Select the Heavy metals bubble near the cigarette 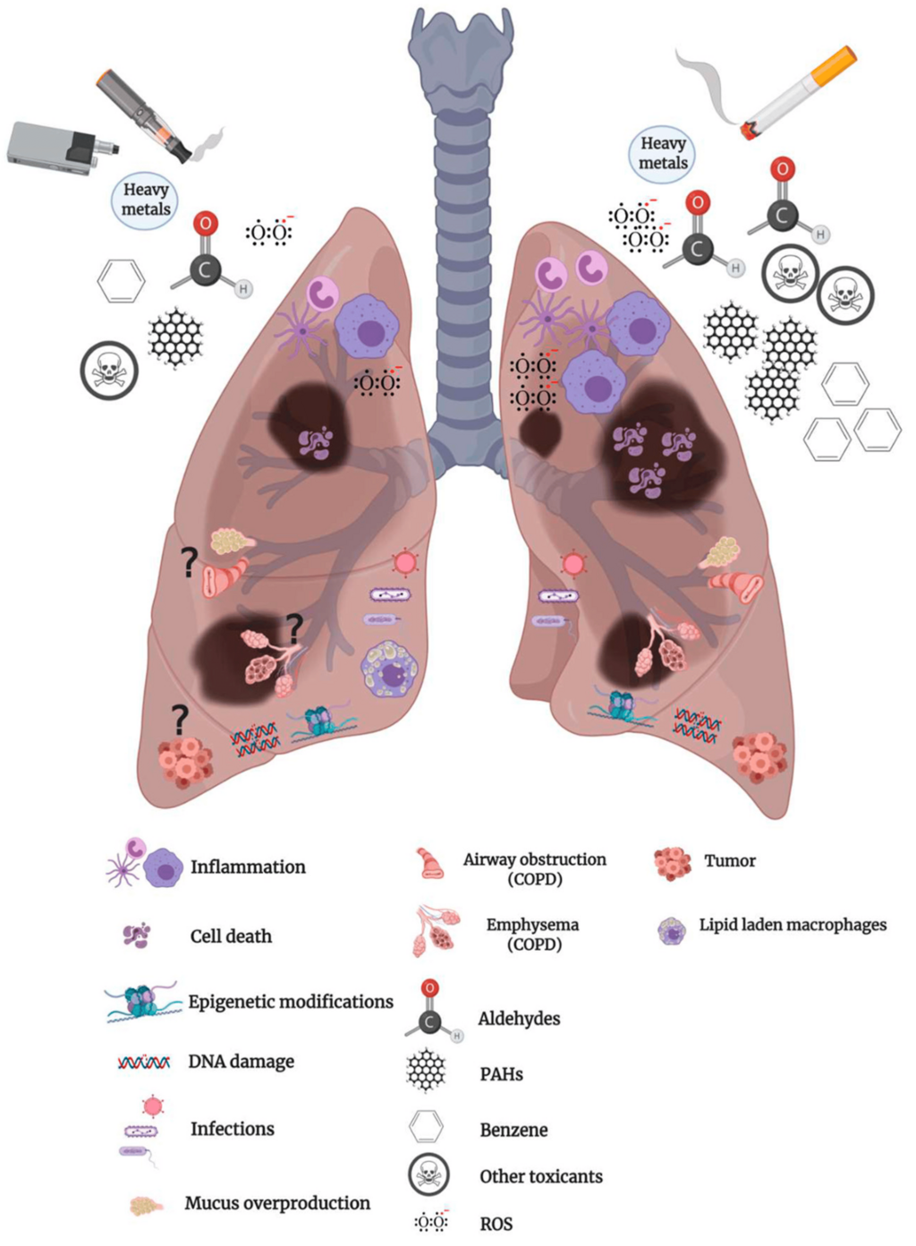tap(663, 152)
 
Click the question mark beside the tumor tap(179, 721)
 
